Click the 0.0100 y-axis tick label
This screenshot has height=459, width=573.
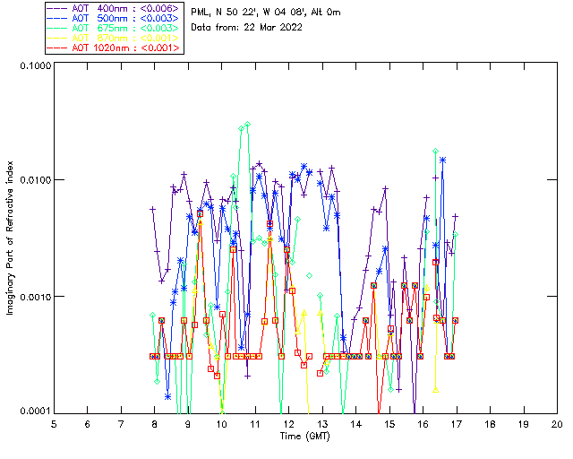point(33,181)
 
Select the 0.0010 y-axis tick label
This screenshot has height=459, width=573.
point(33,297)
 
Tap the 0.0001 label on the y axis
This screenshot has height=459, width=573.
point(33,411)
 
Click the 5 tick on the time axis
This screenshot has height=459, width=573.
point(54,423)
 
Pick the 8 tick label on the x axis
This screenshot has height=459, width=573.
point(155,423)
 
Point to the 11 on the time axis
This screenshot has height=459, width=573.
point(255,423)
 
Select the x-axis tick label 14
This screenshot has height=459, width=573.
point(355,423)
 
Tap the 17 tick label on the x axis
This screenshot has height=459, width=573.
point(457,423)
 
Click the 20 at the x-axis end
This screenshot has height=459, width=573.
point(557,423)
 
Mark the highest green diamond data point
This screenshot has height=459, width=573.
point(248,125)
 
